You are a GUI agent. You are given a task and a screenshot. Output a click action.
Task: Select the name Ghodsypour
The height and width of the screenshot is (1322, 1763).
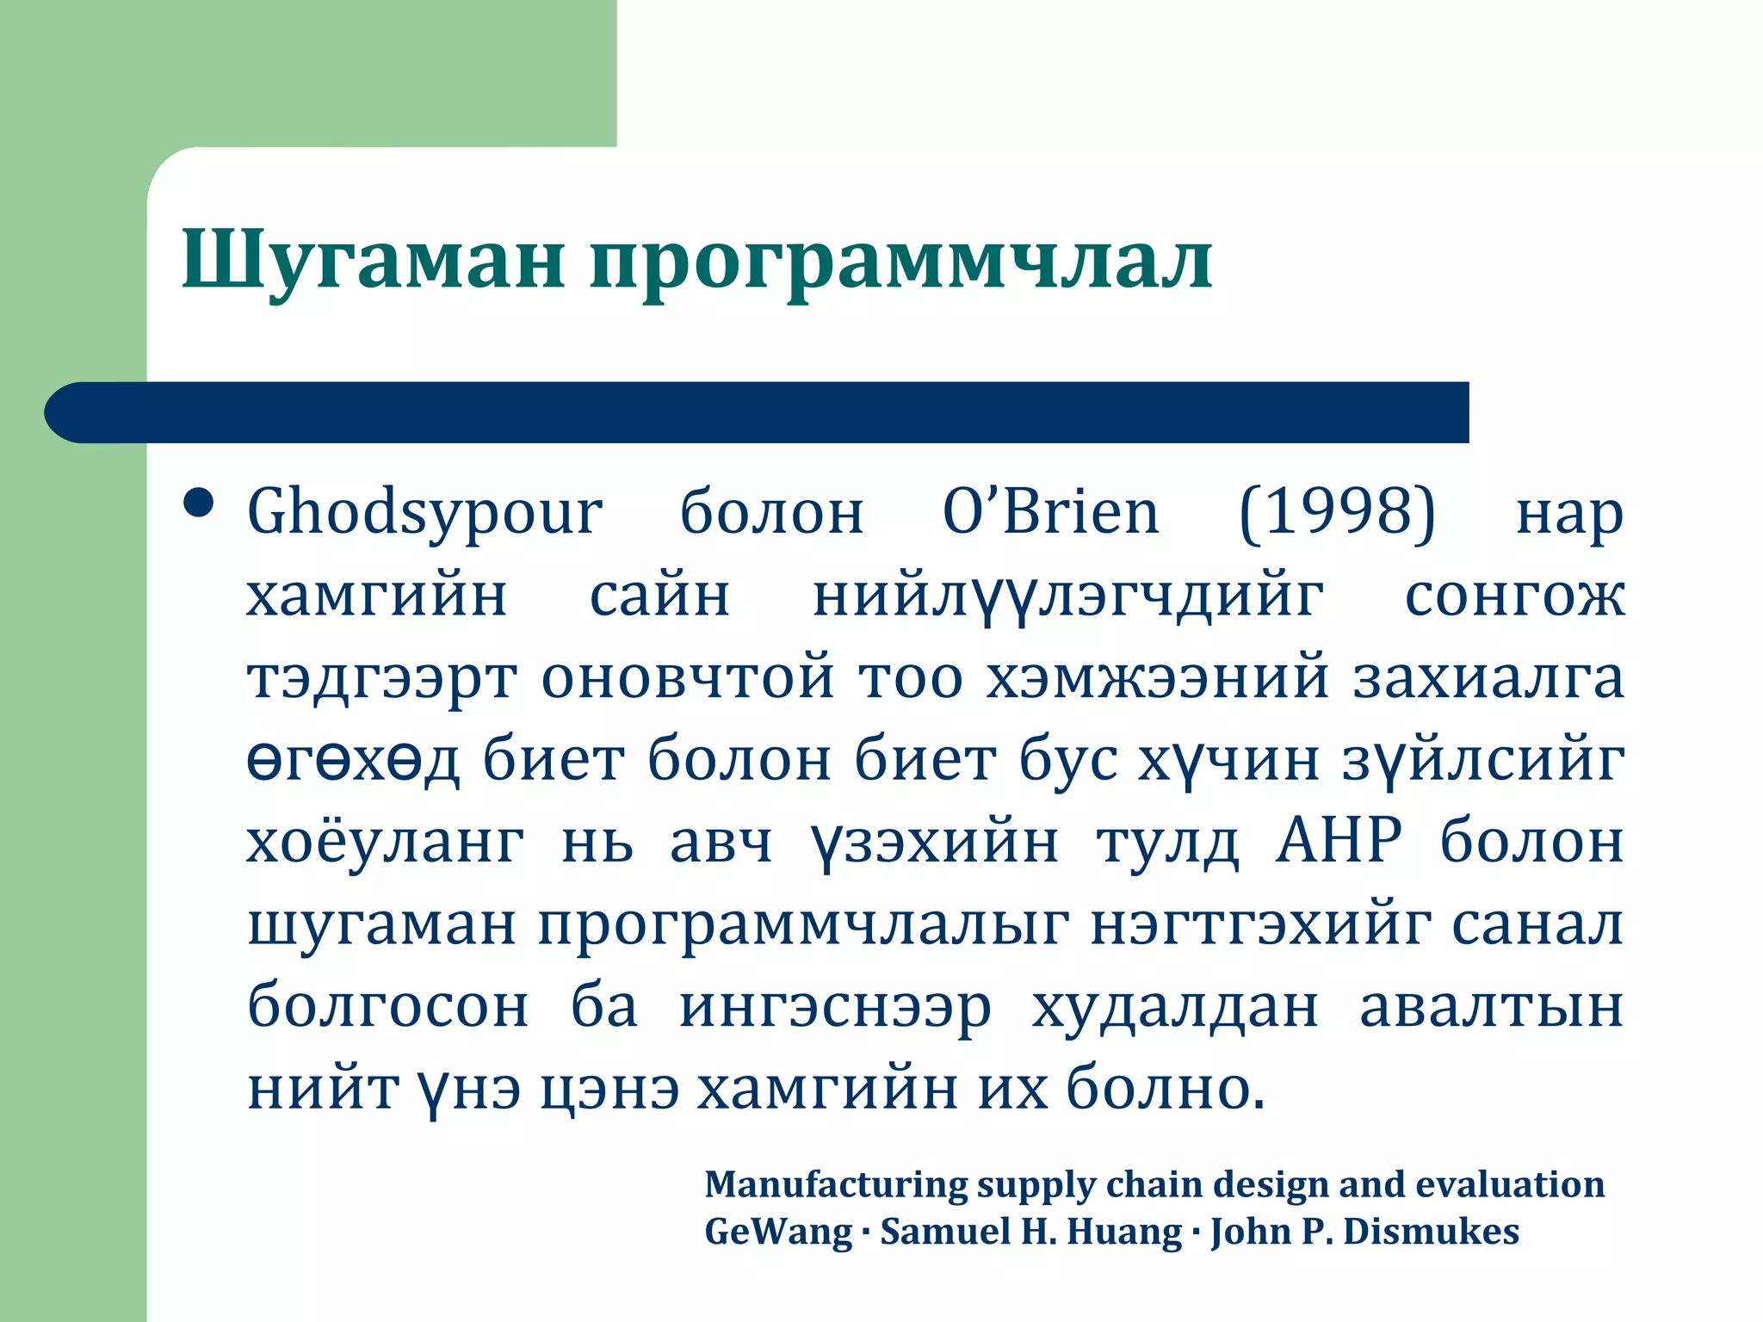click(424, 514)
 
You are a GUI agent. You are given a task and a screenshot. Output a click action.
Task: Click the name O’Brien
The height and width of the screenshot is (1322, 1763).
click(1051, 512)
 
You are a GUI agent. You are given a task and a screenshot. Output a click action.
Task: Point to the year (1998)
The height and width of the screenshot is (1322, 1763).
click(1337, 512)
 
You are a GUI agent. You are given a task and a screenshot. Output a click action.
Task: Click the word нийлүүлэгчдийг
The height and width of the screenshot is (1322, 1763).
click(1068, 596)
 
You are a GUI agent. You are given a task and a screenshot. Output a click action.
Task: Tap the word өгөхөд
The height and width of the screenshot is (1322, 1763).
click(353, 761)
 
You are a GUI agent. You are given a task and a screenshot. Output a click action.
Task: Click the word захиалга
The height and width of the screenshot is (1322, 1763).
click(1488, 678)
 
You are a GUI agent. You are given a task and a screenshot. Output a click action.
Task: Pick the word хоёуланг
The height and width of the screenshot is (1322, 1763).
click(386, 841)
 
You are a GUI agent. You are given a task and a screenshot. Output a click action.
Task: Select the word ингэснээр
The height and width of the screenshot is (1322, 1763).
click(835, 1008)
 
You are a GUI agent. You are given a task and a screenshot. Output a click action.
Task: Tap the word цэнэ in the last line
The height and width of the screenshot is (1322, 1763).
click(610, 1090)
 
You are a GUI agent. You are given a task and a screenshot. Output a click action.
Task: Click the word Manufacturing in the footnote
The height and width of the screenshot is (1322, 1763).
click(836, 1185)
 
